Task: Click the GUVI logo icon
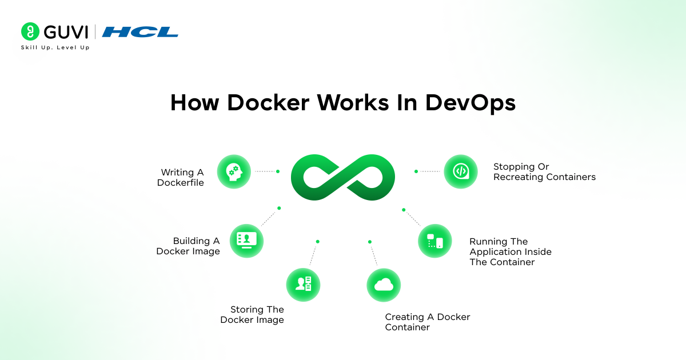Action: tap(30, 31)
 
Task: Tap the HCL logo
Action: tap(140, 32)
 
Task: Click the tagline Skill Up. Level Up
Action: tap(55, 47)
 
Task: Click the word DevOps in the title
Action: tap(470, 103)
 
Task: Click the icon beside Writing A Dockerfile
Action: tap(234, 171)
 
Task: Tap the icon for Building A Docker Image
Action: tap(246, 241)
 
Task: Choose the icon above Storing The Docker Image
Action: tap(303, 284)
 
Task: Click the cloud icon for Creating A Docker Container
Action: tap(384, 285)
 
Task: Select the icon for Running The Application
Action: tap(434, 241)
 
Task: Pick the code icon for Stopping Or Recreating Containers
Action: tap(461, 171)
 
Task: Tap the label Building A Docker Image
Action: tap(188, 246)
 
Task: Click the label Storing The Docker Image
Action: tap(252, 315)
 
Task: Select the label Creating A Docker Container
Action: tap(427, 322)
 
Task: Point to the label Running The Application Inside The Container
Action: tap(510, 252)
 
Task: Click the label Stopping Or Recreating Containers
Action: tap(544, 172)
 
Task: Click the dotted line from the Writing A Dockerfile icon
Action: tap(265, 171)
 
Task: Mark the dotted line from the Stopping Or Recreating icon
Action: tap(429, 171)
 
